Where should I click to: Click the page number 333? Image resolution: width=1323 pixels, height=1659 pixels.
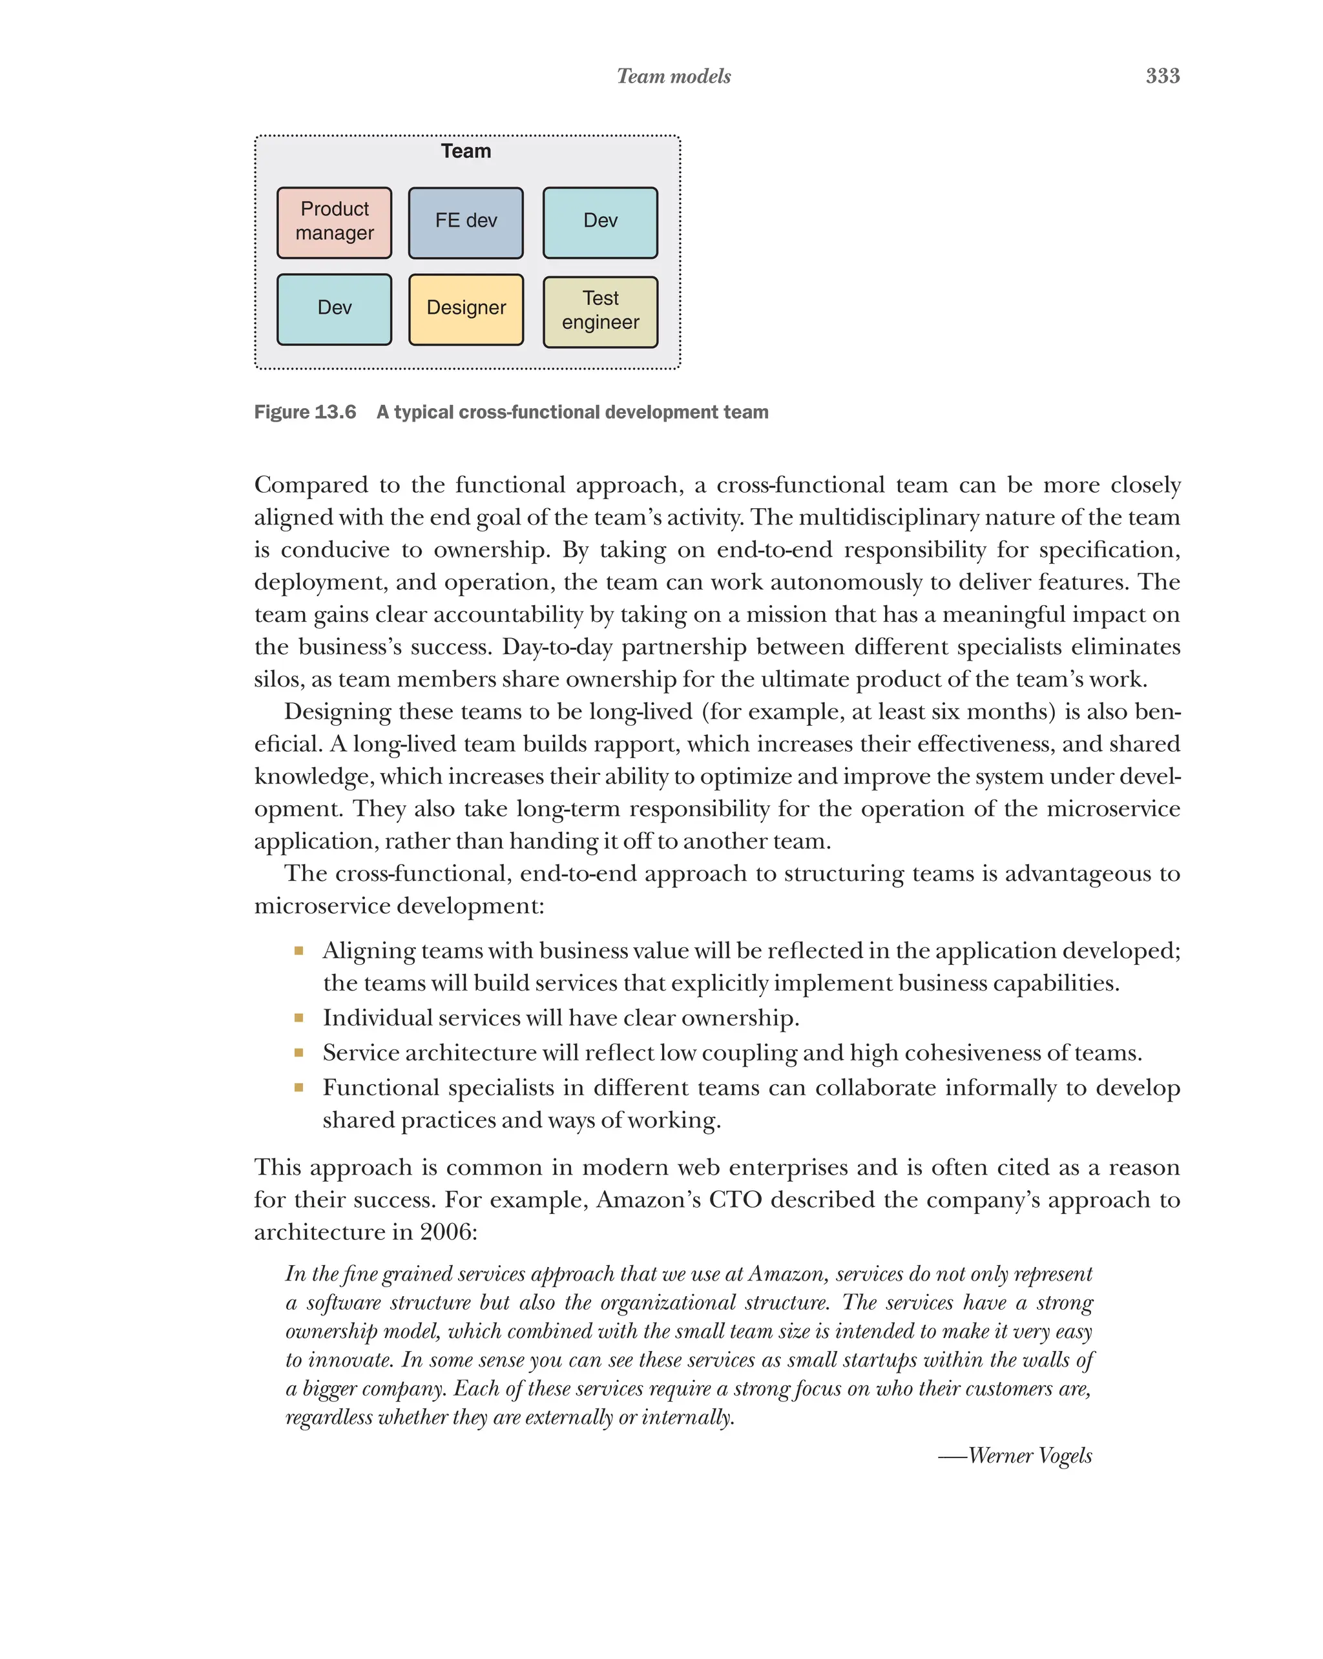tap(1162, 76)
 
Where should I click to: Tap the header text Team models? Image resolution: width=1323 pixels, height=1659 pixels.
tap(673, 76)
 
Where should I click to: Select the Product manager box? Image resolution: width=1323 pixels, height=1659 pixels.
tap(334, 222)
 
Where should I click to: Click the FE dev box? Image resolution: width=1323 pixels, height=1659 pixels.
tap(466, 222)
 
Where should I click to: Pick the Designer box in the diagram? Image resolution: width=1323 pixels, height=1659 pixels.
tap(466, 309)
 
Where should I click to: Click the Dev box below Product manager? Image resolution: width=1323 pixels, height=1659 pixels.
tap(334, 309)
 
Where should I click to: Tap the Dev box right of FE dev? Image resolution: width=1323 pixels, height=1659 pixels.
tap(600, 222)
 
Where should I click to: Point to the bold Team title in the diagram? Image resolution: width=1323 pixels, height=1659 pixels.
tap(466, 151)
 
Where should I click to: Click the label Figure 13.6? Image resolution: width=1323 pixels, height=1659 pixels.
tap(305, 413)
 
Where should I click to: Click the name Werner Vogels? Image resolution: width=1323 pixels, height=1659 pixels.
tap(1030, 1456)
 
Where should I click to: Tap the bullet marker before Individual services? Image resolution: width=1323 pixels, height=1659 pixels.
tap(298, 1018)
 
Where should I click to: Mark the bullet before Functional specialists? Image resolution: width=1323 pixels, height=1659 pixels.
tap(298, 1088)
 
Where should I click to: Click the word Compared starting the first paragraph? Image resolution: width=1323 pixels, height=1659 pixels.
tap(310, 486)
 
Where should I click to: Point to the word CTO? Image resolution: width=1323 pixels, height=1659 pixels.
tap(734, 1200)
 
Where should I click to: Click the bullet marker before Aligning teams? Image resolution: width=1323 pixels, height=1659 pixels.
tap(298, 951)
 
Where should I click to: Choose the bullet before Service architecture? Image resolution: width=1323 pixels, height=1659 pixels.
tap(298, 1053)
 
